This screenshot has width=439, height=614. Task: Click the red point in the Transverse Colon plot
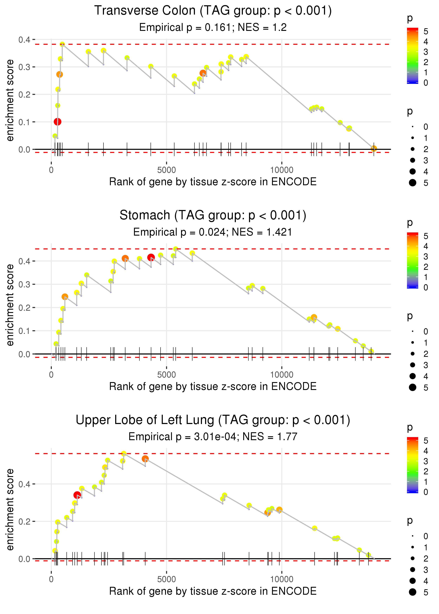57,122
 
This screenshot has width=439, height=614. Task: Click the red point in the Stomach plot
151,257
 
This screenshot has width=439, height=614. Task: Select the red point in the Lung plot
77,495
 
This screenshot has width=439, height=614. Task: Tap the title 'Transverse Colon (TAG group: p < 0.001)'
213,11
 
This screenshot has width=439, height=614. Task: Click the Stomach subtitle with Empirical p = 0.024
213,232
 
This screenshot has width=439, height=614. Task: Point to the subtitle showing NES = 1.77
213,437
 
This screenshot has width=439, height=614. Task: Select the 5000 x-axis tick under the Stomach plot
166,375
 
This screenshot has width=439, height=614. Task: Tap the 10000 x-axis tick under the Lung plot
282,579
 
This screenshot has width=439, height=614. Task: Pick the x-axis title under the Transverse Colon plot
213,182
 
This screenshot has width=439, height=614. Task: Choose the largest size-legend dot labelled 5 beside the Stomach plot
412,388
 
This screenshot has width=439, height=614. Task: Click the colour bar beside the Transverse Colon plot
412,56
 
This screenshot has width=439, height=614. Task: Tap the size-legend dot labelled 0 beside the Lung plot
412,536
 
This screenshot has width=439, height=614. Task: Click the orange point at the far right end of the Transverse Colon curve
374,148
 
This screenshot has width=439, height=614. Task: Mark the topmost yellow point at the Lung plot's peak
124,453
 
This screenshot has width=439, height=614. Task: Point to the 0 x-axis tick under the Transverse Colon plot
51,170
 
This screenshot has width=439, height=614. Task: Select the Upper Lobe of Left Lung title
213,420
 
